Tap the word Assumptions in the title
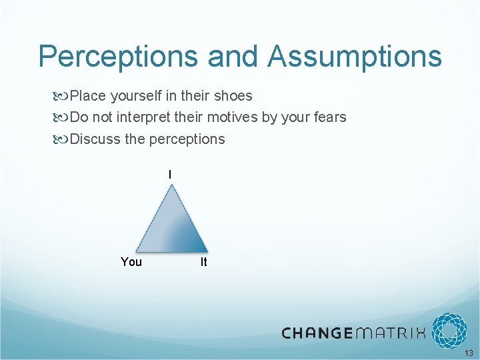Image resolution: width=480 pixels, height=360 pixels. (x=355, y=57)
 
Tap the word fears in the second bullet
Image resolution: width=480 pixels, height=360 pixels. (x=329, y=117)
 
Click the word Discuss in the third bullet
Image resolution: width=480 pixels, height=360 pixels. (x=95, y=139)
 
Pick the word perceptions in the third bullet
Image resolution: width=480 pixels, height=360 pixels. (x=187, y=139)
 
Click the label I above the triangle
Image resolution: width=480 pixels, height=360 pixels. (x=170, y=175)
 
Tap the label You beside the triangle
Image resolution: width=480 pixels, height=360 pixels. (x=131, y=262)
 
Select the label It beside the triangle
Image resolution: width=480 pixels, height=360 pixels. (x=203, y=262)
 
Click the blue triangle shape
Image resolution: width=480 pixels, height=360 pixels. (x=171, y=223)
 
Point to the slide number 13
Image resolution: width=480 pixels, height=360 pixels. (x=469, y=353)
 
